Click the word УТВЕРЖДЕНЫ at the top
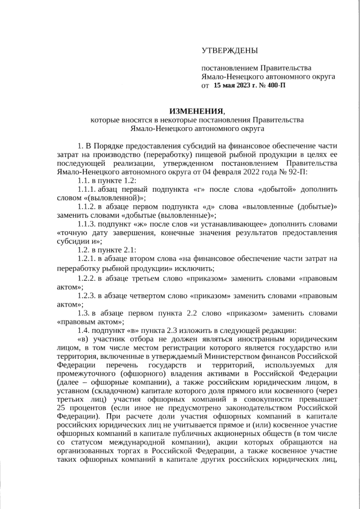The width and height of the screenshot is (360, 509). click(229, 51)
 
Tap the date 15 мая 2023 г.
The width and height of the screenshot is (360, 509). click(236, 86)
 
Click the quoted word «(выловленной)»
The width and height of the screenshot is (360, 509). click(109, 198)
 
